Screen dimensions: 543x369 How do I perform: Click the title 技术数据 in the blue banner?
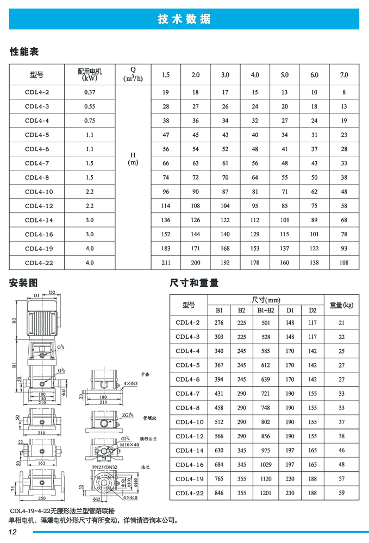click(x=184, y=19)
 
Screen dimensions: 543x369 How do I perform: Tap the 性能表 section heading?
click(x=24, y=52)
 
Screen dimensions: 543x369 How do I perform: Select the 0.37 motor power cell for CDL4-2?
click(x=90, y=92)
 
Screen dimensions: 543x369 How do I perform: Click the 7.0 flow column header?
click(x=343, y=75)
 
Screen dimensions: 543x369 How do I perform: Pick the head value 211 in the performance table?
click(x=166, y=263)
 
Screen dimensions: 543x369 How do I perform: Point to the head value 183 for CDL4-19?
click(x=166, y=248)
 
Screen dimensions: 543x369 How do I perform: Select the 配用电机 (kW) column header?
click(x=90, y=74)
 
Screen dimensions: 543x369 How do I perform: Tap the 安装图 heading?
click(x=24, y=283)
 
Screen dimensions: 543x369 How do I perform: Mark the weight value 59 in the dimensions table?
click(x=342, y=493)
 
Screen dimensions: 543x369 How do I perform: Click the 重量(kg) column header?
click(x=342, y=305)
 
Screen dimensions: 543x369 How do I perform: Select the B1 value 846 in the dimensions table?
click(x=220, y=493)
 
